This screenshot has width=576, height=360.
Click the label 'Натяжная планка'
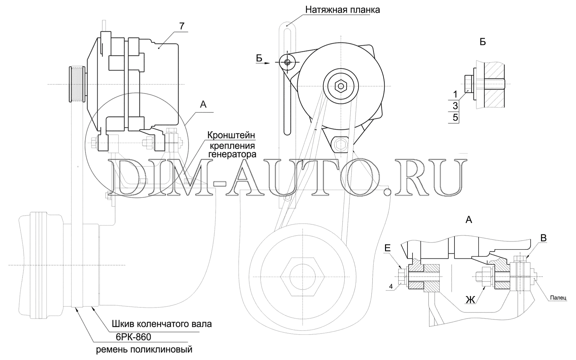342,10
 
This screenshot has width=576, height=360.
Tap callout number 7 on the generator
182,26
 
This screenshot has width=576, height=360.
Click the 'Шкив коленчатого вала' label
162,324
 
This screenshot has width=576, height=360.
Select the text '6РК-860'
133,337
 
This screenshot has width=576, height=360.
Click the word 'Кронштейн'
231,135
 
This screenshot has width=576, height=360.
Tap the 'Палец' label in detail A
558,298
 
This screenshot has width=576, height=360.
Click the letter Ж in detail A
470,300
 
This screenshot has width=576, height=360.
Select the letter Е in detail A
388,247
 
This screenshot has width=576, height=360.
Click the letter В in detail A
544,238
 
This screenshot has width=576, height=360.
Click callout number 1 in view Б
455,95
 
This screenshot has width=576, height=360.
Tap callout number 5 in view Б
455,117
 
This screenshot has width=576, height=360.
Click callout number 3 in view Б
455,106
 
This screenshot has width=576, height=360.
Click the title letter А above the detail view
469,220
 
